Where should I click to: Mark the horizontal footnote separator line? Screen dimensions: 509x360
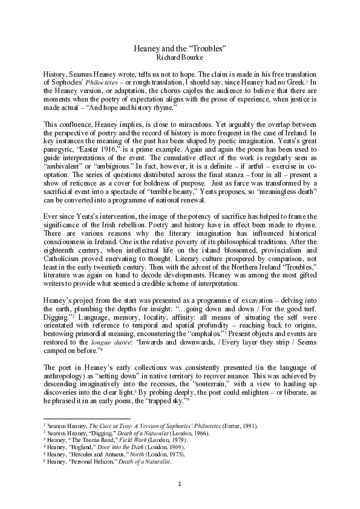(x=87, y=418)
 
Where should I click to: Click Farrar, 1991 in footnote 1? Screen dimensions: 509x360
(x=240, y=426)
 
